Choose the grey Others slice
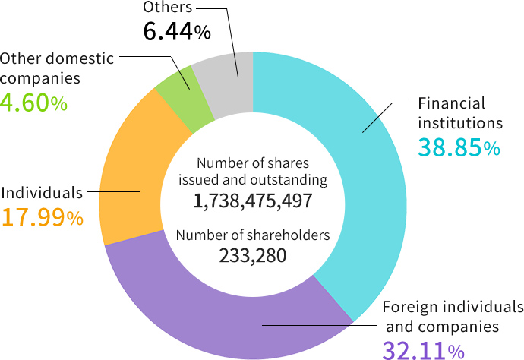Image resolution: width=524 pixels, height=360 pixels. point(225,84)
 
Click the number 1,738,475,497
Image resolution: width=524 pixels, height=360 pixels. point(253,201)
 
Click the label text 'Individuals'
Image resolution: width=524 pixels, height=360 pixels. point(42,192)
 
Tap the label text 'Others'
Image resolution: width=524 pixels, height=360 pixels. point(168,8)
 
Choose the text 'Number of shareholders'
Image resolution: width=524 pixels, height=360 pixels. point(253,235)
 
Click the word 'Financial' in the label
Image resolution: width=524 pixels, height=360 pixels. point(451,103)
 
